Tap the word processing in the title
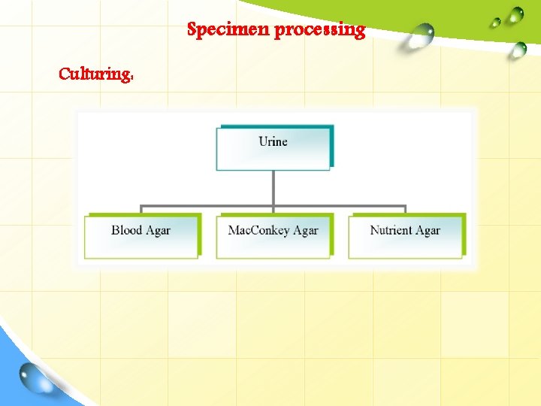pyautogui.click(x=320, y=31)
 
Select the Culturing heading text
pyautogui.click(x=95, y=74)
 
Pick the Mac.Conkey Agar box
pyautogui.click(x=273, y=236)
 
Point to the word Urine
pyautogui.click(x=273, y=141)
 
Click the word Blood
pyautogui.click(x=127, y=230)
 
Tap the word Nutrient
pyautogui.click(x=392, y=230)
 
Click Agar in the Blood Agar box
pyautogui.click(x=158, y=231)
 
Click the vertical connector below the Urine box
pyautogui.click(x=273, y=188)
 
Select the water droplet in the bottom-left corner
pyautogui.click(x=34, y=376)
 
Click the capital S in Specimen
pyautogui.click(x=192, y=30)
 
